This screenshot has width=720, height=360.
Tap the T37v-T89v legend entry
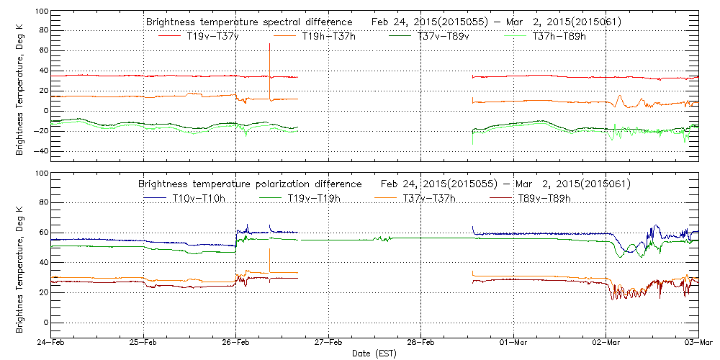[x=443, y=36]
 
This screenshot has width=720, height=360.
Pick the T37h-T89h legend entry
[x=557, y=36]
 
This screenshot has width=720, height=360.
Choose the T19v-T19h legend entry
[x=314, y=198]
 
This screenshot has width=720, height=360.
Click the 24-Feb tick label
[x=51, y=343]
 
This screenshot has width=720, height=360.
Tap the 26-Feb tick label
[x=235, y=343]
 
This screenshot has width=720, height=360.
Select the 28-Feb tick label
[x=420, y=343]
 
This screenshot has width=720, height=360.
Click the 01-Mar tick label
[x=513, y=343]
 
